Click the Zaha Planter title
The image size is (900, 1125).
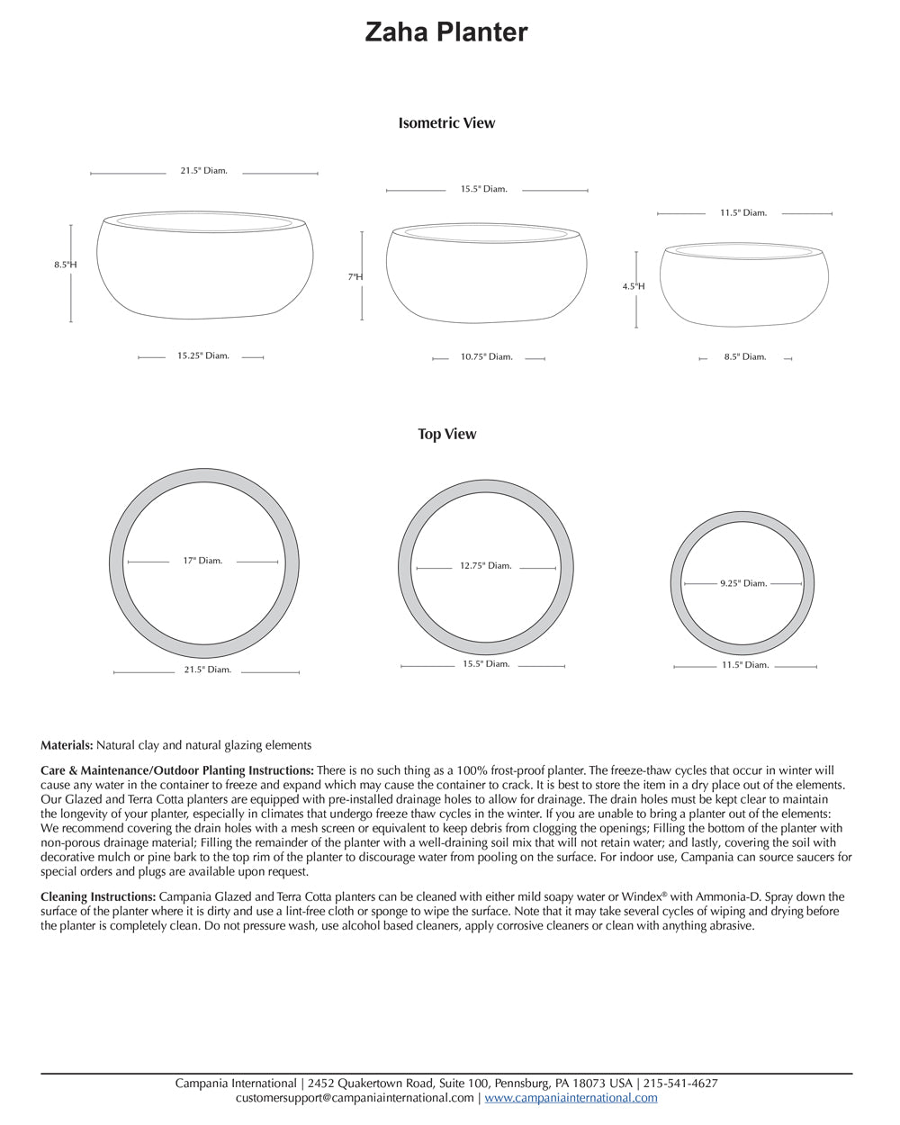(x=446, y=32)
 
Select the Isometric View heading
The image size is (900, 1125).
(x=446, y=123)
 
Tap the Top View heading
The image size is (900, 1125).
(x=446, y=434)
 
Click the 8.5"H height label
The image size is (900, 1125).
(x=65, y=265)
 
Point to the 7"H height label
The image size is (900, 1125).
(x=355, y=277)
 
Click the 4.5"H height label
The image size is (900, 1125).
(x=634, y=286)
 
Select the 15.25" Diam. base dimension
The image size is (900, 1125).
(x=202, y=356)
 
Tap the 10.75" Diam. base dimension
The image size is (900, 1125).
(x=486, y=357)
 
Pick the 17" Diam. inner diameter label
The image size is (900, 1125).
(x=202, y=561)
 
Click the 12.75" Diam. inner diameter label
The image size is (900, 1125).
(x=485, y=566)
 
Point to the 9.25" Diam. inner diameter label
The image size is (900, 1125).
(x=743, y=583)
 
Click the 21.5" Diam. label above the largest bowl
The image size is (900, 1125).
(x=203, y=171)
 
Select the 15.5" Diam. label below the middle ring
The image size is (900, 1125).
(x=486, y=664)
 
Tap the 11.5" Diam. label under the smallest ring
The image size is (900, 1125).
(x=744, y=665)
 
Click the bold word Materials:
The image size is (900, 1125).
(x=67, y=745)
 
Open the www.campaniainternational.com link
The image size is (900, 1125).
(x=571, y=1098)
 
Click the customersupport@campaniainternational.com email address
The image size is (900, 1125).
(x=355, y=1098)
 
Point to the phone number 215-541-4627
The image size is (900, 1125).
(x=680, y=1084)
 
